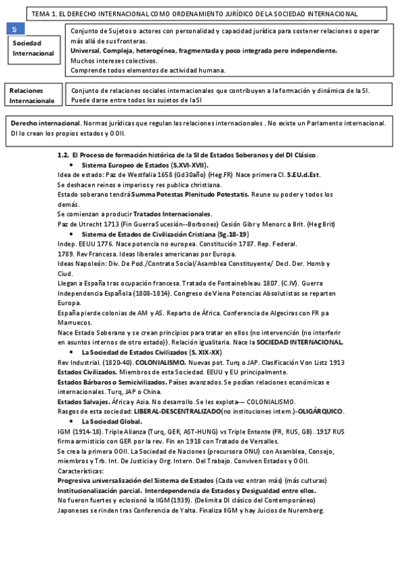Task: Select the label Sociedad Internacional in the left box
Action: pyautogui.click(x=32, y=48)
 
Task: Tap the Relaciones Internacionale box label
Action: pyautogui.click(x=32, y=95)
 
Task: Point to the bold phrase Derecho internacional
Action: pyautogui.click(x=45, y=123)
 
